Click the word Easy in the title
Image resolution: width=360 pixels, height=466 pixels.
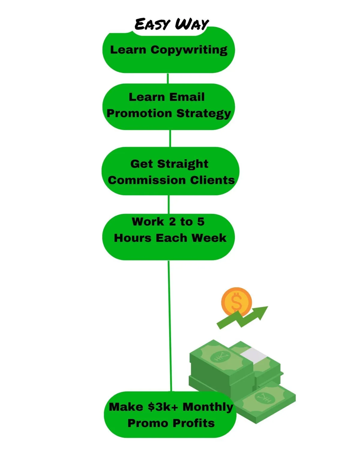click(152, 24)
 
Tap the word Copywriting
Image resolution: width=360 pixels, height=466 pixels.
click(189, 50)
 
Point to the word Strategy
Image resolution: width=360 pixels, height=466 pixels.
click(204, 114)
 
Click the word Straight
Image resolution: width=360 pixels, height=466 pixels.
click(182, 164)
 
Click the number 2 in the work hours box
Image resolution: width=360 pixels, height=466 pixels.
click(172, 222)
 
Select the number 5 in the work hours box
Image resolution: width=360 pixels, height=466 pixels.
click(201, 222)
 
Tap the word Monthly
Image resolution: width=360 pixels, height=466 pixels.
click(208, 407)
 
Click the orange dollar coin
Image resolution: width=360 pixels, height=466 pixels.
click(236, 301)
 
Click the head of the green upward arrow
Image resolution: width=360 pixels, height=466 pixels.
click(262, 311)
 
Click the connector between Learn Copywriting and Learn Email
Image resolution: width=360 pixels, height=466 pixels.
click(168, 78)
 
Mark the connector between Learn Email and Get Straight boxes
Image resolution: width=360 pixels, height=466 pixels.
click(170, 138)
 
